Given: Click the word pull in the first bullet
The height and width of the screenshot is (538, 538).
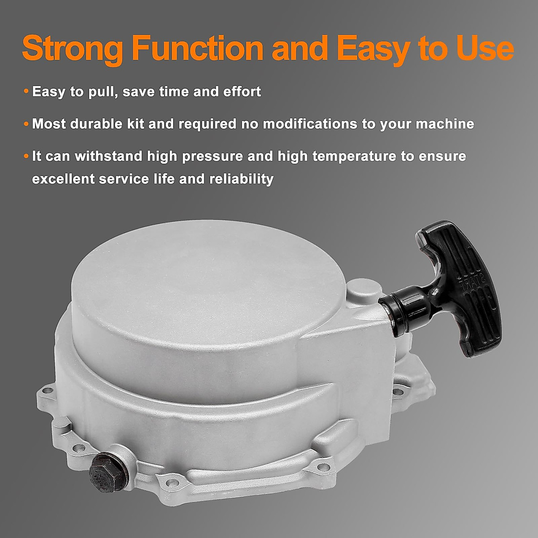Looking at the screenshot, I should tap(101, 92).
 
